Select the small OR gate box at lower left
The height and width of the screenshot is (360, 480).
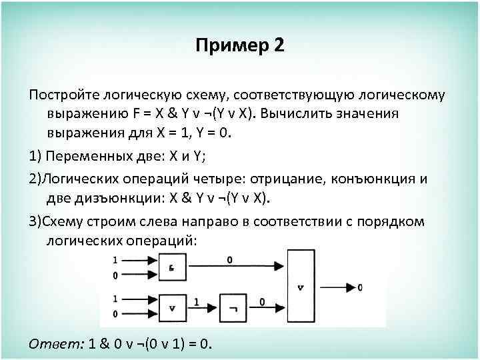[172, 308]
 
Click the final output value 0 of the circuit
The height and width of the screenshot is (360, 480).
[360, 287]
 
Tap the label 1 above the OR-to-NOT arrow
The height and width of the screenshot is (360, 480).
[196, 302]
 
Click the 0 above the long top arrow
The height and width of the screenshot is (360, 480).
[229, 259]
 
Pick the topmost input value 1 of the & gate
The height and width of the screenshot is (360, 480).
[115, 259]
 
